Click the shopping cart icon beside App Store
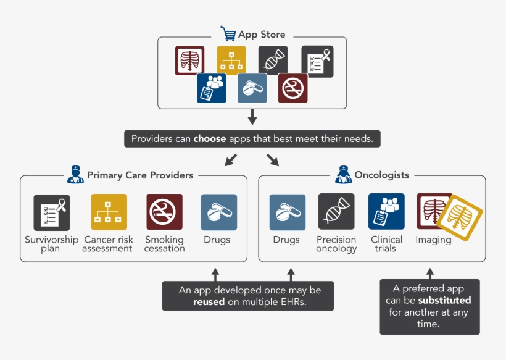(x=228, y=33)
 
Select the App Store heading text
(x=262, y=35)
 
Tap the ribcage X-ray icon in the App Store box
(x=189, y=61)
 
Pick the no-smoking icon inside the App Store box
(x=292, y=88)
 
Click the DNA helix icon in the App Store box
(x=272, y=61)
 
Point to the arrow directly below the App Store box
(x=252, y=117)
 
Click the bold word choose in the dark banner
(x=210, y=139)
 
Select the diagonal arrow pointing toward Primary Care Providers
(x=230, y=160)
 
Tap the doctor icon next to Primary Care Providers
(x=75, y=175)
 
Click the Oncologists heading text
(x=381, y=175)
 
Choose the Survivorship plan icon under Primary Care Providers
(x=51, y=212)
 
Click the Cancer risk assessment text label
(x=108, y=244)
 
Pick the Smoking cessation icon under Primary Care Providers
(x=164, y=212)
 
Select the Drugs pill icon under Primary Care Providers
(x=218, y=212)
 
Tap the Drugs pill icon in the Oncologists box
(x=287, y=212)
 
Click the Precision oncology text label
(x=336, y=244)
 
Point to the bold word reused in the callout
(x=209, y=303)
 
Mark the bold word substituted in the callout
(x=444, y=300)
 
